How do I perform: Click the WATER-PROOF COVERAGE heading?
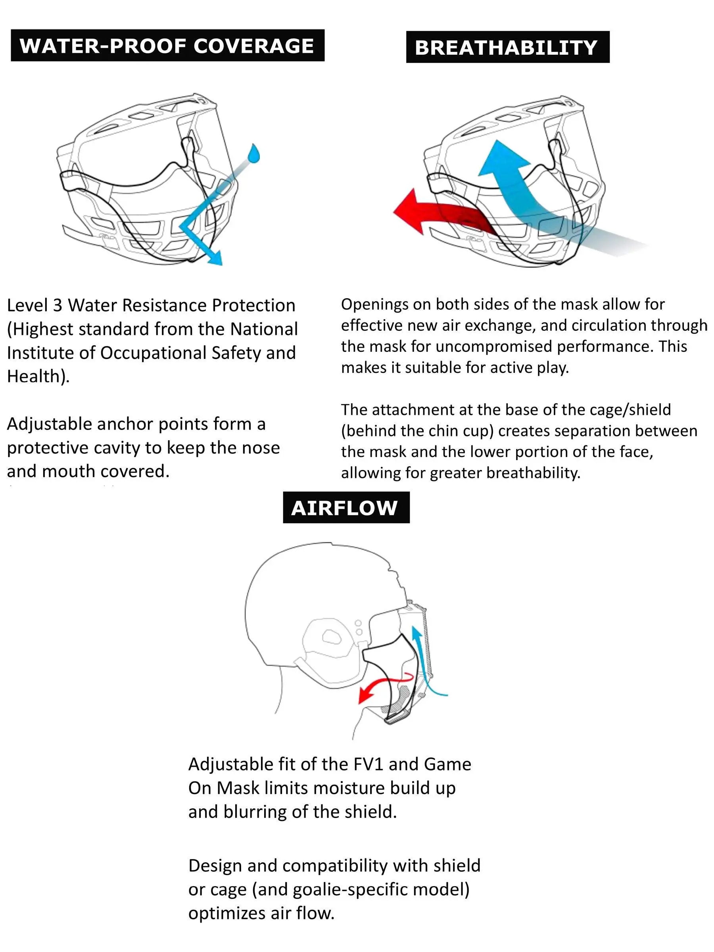pos(167,46)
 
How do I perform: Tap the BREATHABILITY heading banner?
pos(507,47)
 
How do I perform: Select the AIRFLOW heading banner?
pos(345,507)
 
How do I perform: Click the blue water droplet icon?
pos(254,154)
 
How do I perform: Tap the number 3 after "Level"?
pos(57,305)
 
